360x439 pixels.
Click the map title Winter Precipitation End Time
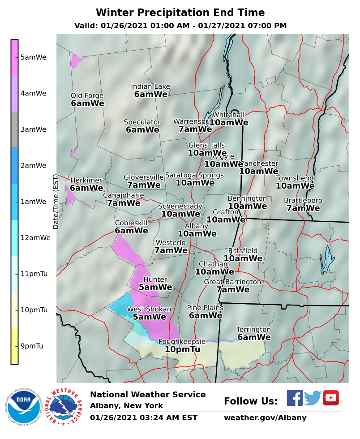(x=180, y=13)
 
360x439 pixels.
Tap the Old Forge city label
(x=87, y=95)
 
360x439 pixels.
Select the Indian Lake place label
(x=150, y=86)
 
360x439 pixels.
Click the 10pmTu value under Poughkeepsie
(x=182, y=349)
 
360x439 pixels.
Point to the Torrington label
(x=253, y=329)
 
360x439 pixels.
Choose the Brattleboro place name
(x=303, y=200)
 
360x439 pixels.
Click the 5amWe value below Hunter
(x=155, y=287)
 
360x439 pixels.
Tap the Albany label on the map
(x=197, y=226)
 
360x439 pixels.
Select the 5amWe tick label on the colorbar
(x=33, y=57)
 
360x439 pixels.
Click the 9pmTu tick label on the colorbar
(x=32, y=346)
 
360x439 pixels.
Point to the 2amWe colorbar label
(x=33, y=165)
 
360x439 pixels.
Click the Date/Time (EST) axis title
(x=56, y=202)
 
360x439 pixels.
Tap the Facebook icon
(x=294, y=398)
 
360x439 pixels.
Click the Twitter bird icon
(x=313, y=398)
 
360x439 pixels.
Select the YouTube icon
(x=331, y=398)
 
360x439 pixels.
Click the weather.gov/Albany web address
(x=265, y=418)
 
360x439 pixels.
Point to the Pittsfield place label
(x=243, y=250)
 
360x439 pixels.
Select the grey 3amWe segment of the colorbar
(x=14, y=129)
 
